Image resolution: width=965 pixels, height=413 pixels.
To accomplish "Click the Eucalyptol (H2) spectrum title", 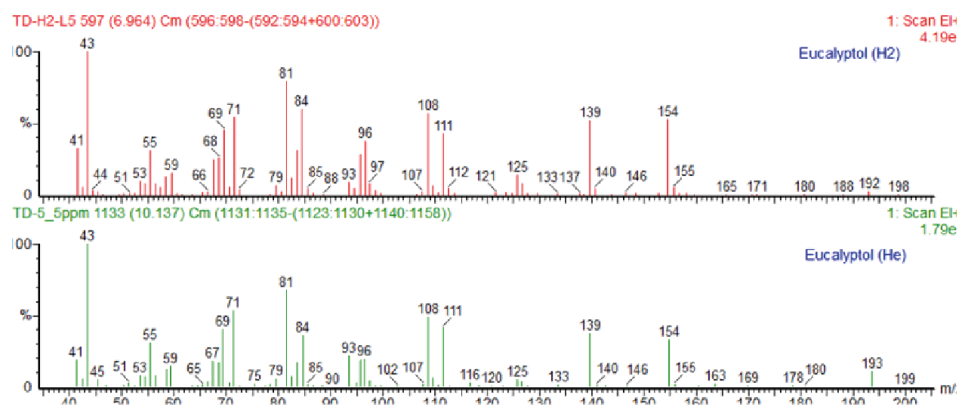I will tap(849, 54).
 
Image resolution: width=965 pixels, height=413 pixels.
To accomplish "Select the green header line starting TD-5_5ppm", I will tap(233, 214).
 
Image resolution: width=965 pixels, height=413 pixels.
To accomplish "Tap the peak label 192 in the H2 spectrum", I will tap(869, 183).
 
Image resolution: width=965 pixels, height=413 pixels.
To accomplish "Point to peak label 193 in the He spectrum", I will tap(871, 364).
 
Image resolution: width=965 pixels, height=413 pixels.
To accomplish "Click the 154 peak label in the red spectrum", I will tap(667, 112).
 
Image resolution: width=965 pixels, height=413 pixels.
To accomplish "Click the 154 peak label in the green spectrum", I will tap(668, 331).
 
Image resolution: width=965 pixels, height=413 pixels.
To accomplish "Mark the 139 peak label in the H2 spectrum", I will tap(590, 112).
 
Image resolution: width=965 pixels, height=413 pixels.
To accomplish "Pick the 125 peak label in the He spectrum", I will tap(517, 371).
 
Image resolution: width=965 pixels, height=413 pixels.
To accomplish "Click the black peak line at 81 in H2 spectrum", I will tap(287, 136).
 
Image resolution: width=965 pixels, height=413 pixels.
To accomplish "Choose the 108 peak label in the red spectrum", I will tap(428, 105).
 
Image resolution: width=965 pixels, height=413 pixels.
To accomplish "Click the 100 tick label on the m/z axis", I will tap(383, 402).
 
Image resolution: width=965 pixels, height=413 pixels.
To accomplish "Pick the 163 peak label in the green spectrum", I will tap(715, 376).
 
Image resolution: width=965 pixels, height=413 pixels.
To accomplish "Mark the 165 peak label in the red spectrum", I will tap(726, 186).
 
